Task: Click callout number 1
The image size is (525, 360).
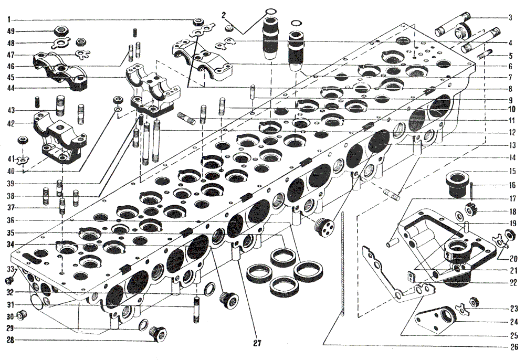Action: (9, 20)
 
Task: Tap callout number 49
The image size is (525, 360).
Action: (11, 31)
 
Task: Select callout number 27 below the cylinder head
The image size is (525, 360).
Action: (257, 343)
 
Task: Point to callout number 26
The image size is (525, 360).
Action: (514, 347)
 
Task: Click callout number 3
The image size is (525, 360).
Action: (510, 18)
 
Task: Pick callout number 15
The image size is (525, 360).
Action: (512, 172)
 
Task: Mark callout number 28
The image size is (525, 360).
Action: (11, 341)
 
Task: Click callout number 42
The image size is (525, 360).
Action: (11, 123)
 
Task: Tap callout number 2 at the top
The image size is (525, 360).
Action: (224, 15)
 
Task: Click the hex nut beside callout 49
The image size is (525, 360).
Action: (61, 31)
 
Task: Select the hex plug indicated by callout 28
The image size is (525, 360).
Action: (158, 333)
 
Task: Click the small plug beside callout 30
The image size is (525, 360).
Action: (23, 315)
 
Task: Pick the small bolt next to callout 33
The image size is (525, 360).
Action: (9, 280)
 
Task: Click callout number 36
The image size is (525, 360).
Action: (11, 220)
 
